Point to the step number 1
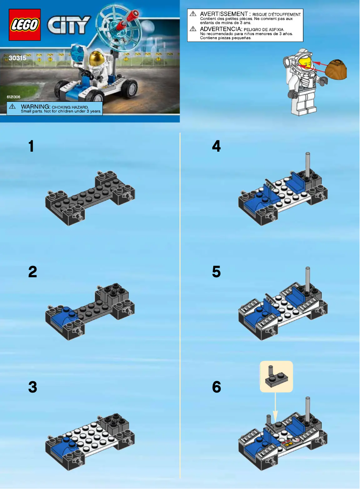[31, 146]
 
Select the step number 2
[32, 272]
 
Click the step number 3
[32, 387]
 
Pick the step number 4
[216, 146]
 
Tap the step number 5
[216, 272]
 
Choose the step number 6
[216, 387]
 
